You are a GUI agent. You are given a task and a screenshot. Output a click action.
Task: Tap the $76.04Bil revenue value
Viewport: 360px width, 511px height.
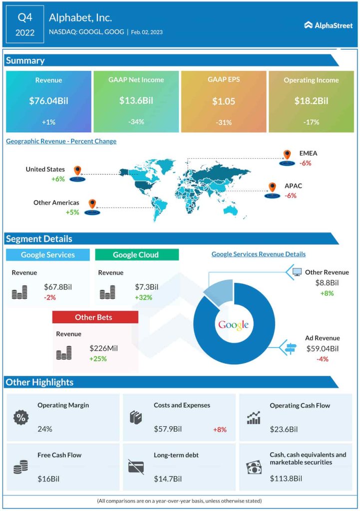coord(48,101)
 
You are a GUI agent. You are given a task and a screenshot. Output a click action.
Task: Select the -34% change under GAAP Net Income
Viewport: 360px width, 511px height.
coord(136,123)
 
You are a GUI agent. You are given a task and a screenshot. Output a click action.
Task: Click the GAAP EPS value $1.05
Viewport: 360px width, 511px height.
coord(223,101)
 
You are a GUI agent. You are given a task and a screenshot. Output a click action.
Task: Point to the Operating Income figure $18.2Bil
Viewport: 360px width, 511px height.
coord(311,101)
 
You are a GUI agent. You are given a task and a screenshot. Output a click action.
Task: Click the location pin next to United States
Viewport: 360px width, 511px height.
coord(76,171)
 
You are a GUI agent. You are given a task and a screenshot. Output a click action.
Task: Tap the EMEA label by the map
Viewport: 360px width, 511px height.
coord(308,154)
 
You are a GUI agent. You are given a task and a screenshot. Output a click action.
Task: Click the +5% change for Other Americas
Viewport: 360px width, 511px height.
coord(73,212)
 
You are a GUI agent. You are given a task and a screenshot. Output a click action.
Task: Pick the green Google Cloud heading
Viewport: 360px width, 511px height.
coord(136,255)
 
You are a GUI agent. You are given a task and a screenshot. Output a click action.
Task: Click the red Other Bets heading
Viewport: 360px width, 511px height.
coord(95,317)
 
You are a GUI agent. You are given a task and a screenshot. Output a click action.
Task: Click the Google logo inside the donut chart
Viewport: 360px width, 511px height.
coord(233,325)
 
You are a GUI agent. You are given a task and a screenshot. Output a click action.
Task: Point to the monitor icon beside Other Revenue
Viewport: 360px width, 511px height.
coord(297,272)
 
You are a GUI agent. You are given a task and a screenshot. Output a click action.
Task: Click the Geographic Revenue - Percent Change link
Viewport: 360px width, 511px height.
coord(61,141)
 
